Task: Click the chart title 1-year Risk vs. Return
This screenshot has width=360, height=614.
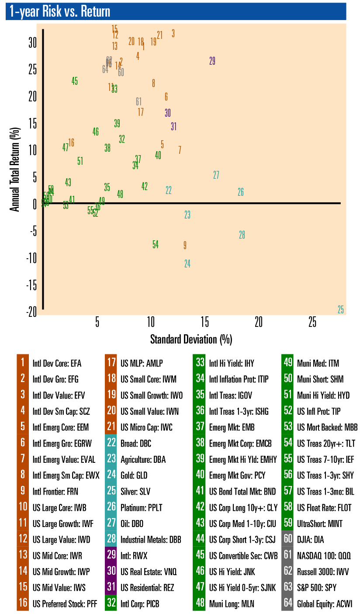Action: click(60, 12)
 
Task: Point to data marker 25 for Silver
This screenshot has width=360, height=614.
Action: click(341, 310)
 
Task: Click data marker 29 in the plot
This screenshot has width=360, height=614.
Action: click(212, 61)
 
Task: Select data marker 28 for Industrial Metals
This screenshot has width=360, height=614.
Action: click(242, 235)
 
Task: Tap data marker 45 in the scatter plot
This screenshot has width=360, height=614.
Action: click(75, 81)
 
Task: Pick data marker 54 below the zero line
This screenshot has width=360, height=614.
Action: click(156, 245)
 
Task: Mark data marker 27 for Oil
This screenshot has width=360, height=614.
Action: click(216, 175)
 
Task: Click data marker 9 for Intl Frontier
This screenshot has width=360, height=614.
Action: click(185, 245)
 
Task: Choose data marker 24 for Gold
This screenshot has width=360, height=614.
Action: click(187, 264)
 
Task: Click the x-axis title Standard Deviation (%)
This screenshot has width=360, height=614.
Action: click(191, 339)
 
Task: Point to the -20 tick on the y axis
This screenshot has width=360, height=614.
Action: click(32, 312)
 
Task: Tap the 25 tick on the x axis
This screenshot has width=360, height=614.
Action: click(312, 323)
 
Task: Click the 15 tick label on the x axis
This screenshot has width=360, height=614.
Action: click(204, 323)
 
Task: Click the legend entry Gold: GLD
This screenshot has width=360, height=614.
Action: click(137, 475)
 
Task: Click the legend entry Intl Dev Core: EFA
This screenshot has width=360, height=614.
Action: click(57, 363)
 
